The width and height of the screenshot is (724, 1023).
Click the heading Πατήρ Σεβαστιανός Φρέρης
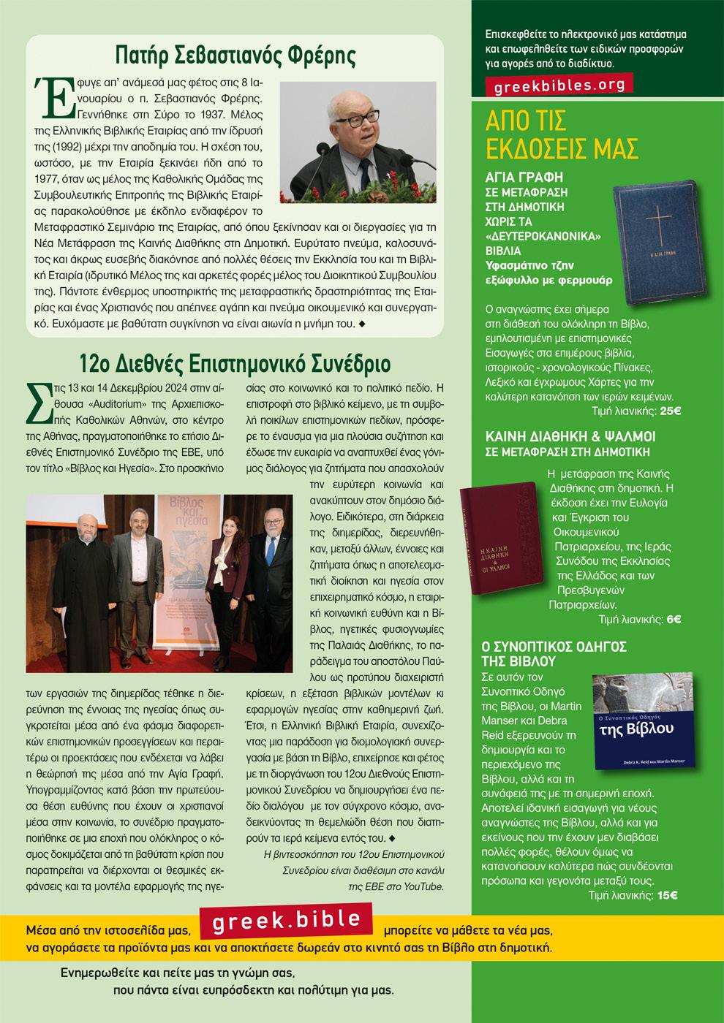click(x=235, y=56)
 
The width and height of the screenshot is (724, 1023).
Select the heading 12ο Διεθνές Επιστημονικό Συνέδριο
click(x=235, y=363)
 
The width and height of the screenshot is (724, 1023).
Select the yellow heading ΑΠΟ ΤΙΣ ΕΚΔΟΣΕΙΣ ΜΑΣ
click(x=562, y=134)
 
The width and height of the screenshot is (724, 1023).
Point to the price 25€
click(x=670, y=411)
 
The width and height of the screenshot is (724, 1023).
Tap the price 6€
click(x=673, y=620)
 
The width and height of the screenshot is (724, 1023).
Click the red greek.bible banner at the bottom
click(x=287, y=921)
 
